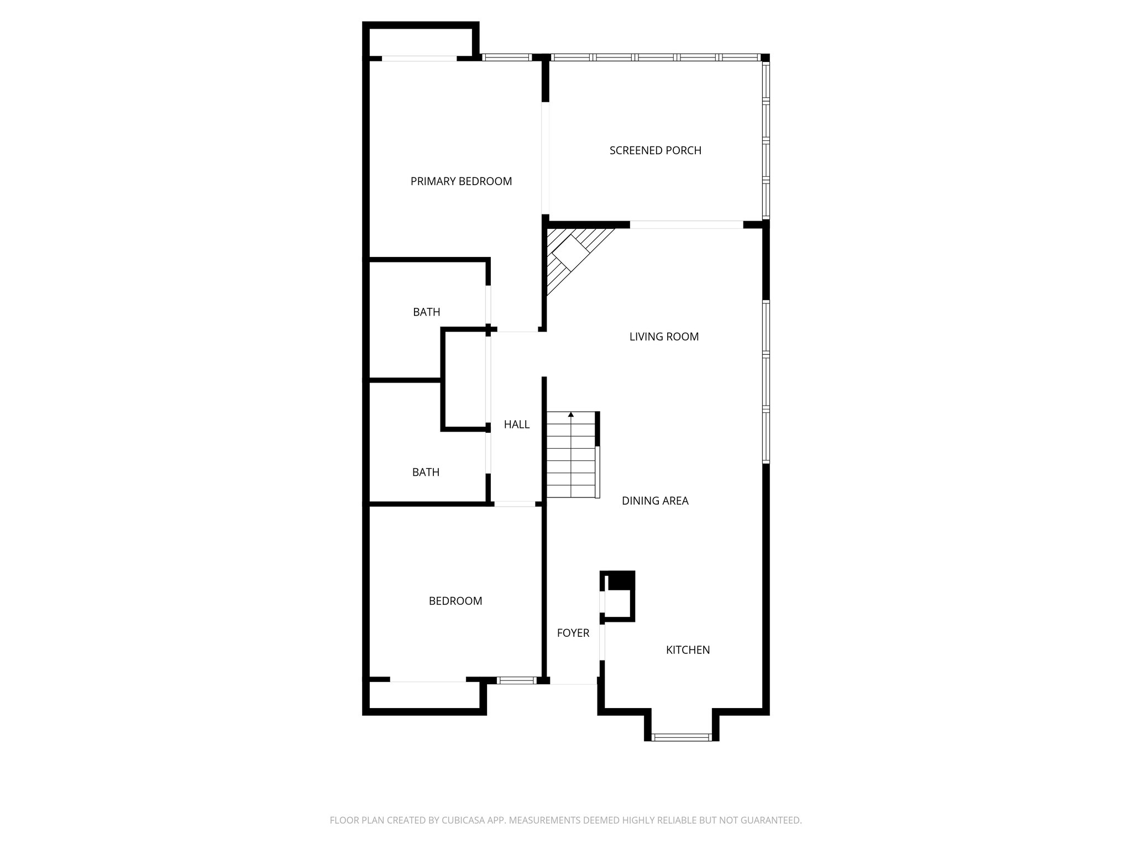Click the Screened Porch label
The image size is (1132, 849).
655,150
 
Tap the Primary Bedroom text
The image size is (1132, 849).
461,181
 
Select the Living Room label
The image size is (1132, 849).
664,337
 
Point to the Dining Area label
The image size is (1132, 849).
655,501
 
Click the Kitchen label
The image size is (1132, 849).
688,650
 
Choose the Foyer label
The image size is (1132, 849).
573,633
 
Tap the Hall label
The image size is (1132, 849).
516,424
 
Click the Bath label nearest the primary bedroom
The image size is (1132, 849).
426,312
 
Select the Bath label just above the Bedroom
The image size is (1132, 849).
426,472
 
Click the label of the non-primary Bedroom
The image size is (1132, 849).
455,601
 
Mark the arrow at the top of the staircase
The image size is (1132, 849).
571,414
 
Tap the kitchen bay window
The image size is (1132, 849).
681,737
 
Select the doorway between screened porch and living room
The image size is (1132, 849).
686,224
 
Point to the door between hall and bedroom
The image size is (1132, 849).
514,504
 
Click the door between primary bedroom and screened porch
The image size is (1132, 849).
545,158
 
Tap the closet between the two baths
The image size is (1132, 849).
464,379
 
